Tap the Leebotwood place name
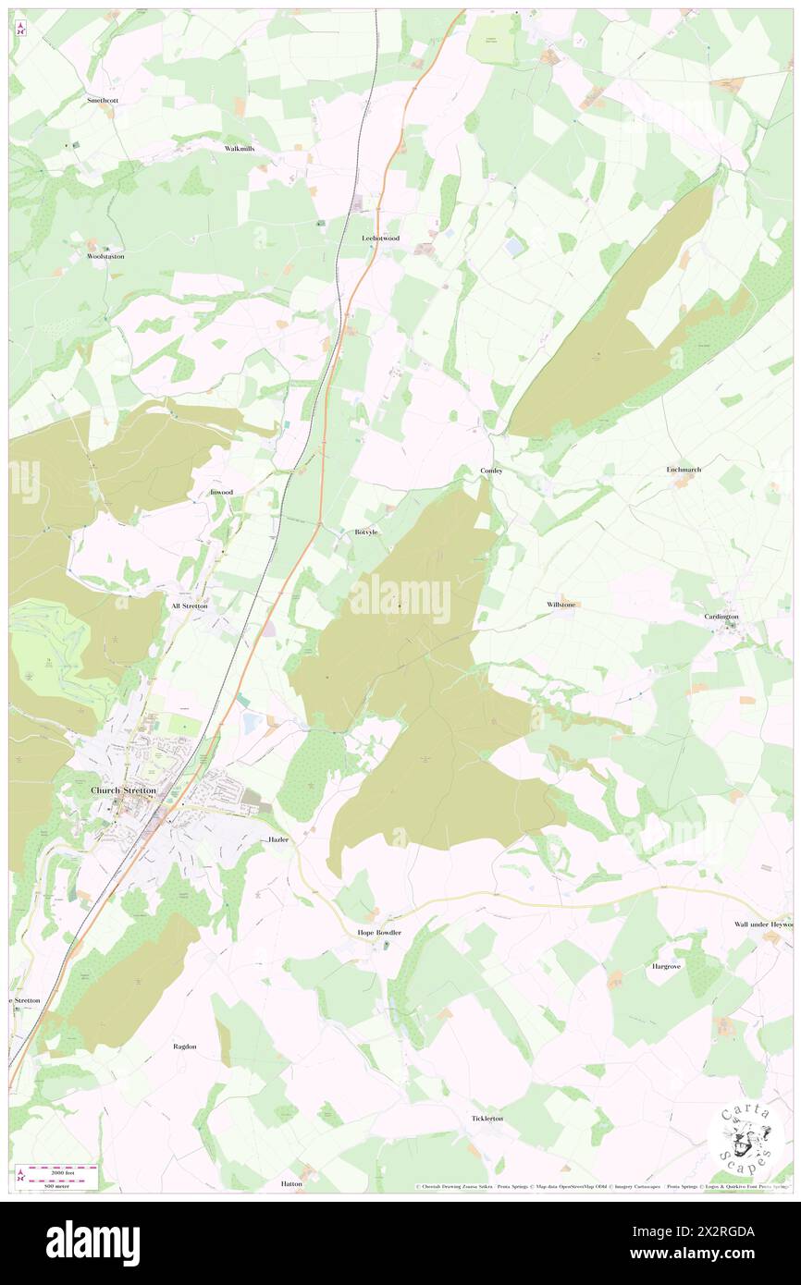pyautogui.click(x=380, y=238)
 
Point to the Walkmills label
pyautogui.click(x=240, y=148)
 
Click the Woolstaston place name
pyautogui.click(x=105, y=256)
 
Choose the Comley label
pyautogui.click(x=491, y=471)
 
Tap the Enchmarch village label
pyautogui.click(x=684, y=470)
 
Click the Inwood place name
pyautogui.click(x=221, y=493)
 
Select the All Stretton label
pyautogui.click(x=190, y=606)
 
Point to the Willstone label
pyautogui.click(x=561, y=605)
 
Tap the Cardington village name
pyautogui.click(x=721, y=617)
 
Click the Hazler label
pyautogui.click(x=278, y=839)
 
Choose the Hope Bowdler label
pyautogui.click(x=379, y=933)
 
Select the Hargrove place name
pyautogui.click(x=666, y=966)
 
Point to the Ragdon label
pyautogui.click(x=185, y=1046)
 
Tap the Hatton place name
pyautogui.click(x=291, y=1183)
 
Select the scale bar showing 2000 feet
pyautogui.click(x=62, y=1169)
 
